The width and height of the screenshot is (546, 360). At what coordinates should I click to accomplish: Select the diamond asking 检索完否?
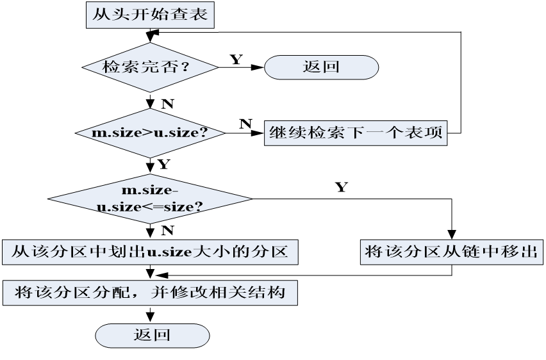pos(151,67)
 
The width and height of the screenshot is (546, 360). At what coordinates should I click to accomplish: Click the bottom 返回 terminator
pos(153,334)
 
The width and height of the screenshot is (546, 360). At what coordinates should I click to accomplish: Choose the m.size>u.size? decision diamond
pos(151,133)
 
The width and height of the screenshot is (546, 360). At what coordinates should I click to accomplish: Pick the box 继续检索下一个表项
pos(356,134)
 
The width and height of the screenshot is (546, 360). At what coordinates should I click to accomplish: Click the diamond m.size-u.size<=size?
pos(151,200)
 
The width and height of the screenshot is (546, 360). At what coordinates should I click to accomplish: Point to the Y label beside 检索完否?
pos(236,59)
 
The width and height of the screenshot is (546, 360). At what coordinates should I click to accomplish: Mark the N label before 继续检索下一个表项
pos(245,124)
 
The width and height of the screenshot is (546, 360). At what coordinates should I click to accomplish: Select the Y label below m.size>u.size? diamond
pos(163,165)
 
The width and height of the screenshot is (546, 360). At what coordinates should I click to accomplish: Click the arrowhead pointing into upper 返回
pos(260,67)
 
